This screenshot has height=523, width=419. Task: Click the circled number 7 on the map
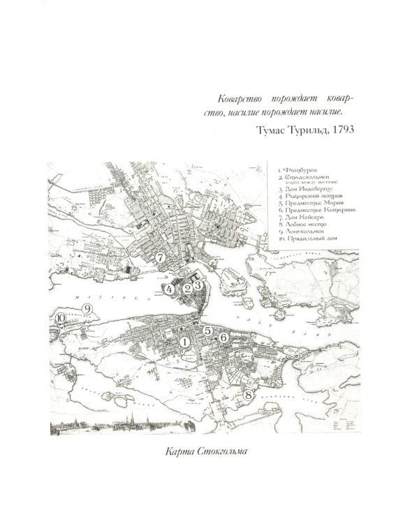click(x=161, y=257)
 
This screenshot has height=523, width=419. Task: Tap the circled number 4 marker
click(x=169, y=287)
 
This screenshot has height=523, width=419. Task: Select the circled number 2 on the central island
click(x=186, y=287)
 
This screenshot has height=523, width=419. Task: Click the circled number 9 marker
click(x=87, y=308)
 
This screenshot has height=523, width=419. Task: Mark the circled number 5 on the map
click(x=207, y=331)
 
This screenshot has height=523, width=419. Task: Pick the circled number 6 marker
click(x=223, y=338)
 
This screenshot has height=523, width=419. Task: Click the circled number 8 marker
click(x=247, y=395)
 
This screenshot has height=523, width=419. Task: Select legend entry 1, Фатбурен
click(x=296, y=169)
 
